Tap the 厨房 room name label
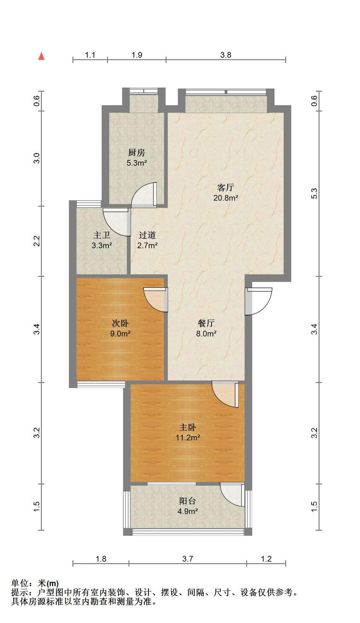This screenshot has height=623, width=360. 137,153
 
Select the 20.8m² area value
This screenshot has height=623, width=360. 226,198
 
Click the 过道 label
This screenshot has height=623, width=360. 147,235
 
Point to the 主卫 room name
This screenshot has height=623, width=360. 102,235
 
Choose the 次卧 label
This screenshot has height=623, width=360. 120,323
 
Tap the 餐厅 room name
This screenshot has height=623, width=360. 206,323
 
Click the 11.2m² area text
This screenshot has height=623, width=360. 188,438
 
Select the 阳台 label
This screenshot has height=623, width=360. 188,501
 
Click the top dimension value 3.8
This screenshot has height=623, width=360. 226,55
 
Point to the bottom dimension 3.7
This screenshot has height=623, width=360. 187,559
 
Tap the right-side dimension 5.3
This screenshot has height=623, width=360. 314,194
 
